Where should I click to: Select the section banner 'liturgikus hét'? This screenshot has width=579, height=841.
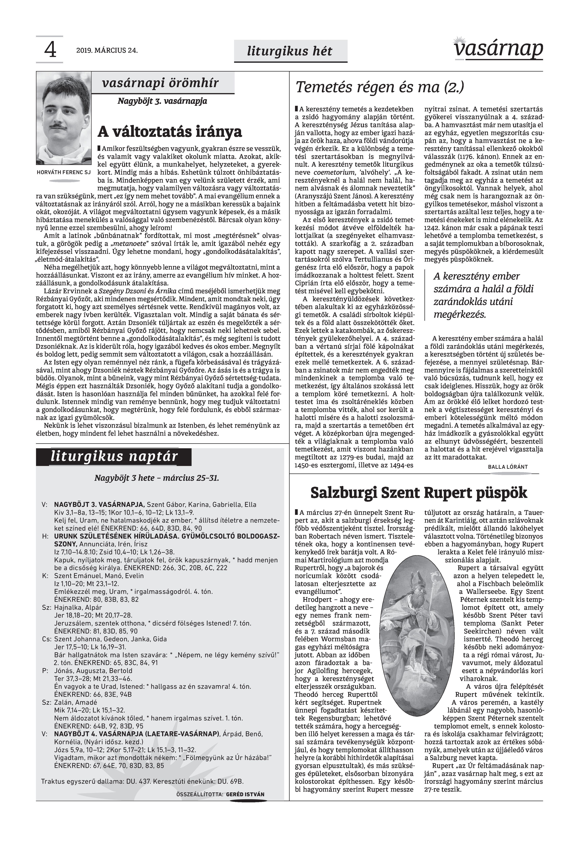click(289, 51)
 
